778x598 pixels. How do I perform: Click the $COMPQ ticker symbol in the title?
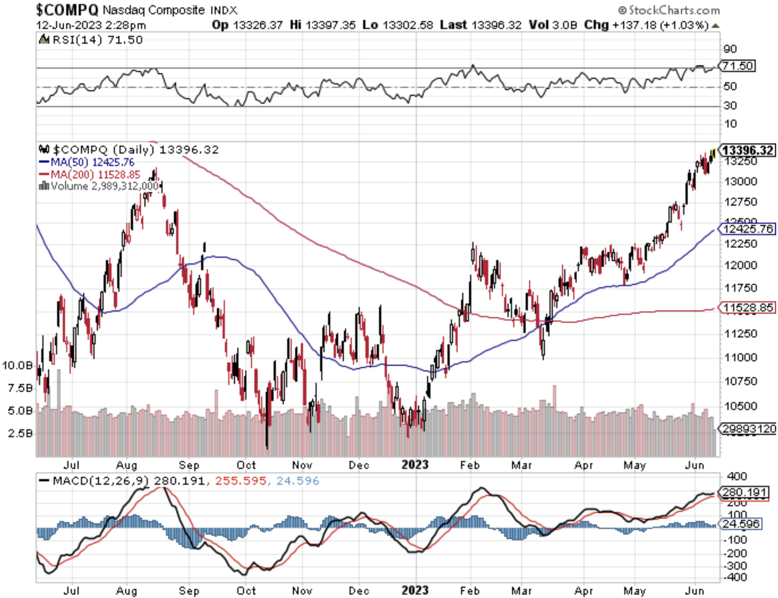coord(67,9)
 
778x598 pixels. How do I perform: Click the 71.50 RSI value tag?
coord(738,66)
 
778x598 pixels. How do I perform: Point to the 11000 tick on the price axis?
coord(740,357)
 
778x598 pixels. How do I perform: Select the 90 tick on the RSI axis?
coord(730,49)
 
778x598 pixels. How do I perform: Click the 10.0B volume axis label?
coord(17,365)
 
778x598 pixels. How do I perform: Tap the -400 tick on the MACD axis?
coord(735,578)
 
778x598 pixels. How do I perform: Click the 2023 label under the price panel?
coord(415,464)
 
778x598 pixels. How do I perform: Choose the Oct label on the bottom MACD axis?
coord(246,591)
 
